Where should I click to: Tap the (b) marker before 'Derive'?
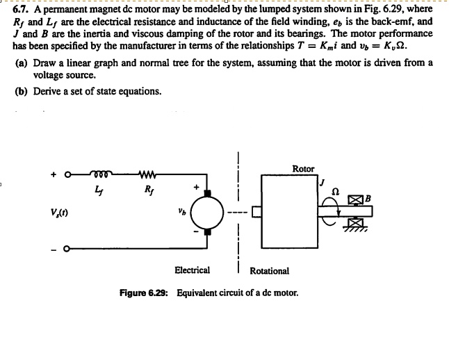point(23,91)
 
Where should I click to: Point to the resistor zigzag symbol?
point(147,175)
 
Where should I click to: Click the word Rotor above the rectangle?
point(303,168)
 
